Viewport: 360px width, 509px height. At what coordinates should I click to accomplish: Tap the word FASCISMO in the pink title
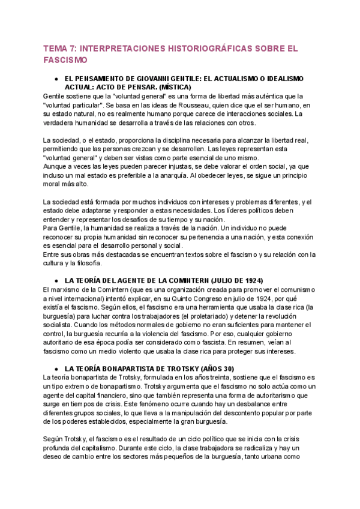[65, 61]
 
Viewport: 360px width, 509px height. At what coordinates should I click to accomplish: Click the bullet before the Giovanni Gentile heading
[56, 79]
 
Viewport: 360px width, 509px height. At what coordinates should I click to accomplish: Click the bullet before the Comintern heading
[56, 281]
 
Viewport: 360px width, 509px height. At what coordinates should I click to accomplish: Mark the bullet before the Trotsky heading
[56, 369]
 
